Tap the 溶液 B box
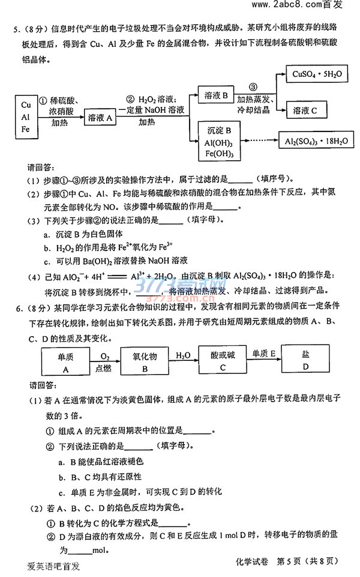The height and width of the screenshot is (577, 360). pos(216,95)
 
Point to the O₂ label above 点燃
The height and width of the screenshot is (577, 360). pos(105,355)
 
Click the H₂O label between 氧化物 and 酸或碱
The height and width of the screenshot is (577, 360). pos(184,355)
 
